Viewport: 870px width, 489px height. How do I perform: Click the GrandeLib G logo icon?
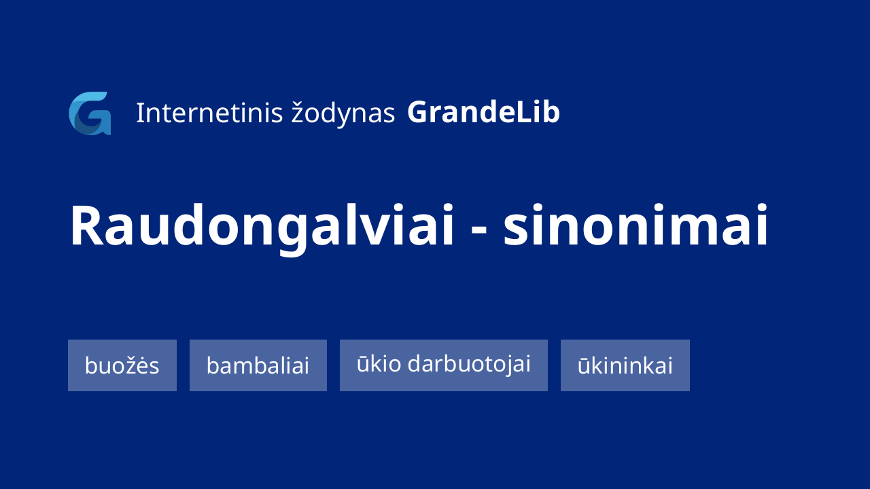(x=90, y=113)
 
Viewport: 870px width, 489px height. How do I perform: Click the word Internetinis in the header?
(x=209, y=113)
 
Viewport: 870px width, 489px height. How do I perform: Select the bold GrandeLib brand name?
(x=483, y=112)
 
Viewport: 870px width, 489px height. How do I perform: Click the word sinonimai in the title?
(x=636, y=225)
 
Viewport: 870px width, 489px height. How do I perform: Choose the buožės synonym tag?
(x=122, y=365)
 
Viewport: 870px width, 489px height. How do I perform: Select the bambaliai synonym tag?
(x=258, y=365)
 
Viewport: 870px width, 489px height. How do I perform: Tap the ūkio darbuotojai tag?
(x=444, y=365)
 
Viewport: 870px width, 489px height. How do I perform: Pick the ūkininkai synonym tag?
(x=625, y=365)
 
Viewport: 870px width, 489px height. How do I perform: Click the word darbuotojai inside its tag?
(x=469, y=365)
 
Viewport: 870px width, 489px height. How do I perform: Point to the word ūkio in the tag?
(x=379, y=363)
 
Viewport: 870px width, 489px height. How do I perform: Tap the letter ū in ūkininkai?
(x=585, y=366)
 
